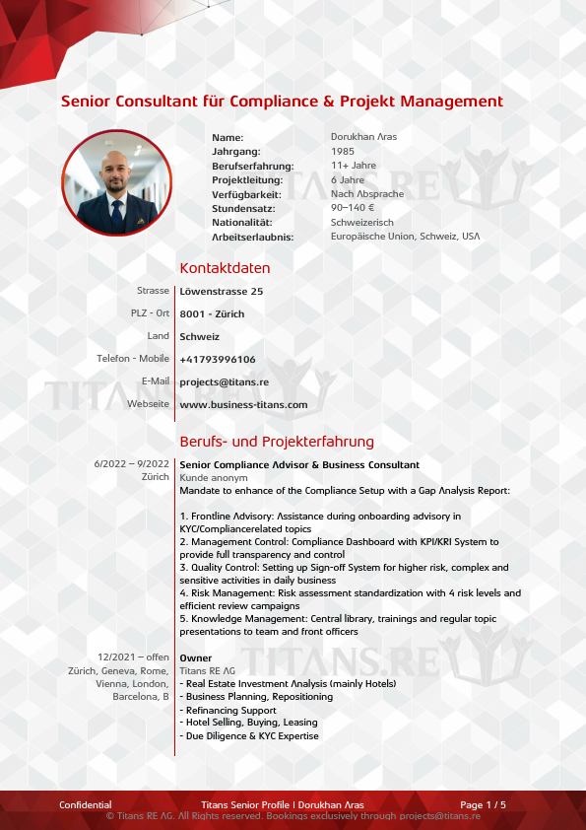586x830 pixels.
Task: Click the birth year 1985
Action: (343, 152)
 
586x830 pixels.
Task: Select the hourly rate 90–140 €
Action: (353, 208)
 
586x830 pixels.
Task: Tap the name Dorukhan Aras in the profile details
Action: (363, 137)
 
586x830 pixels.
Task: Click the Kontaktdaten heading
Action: (225, 268)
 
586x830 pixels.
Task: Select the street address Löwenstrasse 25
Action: (222, 292)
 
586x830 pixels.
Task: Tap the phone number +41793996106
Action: (218, 360)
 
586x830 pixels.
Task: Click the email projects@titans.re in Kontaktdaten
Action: (225, 382)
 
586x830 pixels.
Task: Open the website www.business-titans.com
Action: (243, 405)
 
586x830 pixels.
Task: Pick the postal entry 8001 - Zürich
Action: (212, 314)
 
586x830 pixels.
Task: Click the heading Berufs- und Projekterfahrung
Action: (277, 442)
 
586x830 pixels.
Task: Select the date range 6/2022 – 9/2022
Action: (132, 464)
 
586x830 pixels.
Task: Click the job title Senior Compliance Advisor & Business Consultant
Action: (299, 464)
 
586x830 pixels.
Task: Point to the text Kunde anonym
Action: (207, 477)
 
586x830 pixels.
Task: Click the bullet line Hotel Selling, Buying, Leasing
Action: (248, 723)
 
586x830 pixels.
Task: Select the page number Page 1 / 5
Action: (483, 805)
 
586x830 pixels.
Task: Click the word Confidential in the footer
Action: (86, 805)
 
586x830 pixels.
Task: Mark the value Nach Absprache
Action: (366, 194)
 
